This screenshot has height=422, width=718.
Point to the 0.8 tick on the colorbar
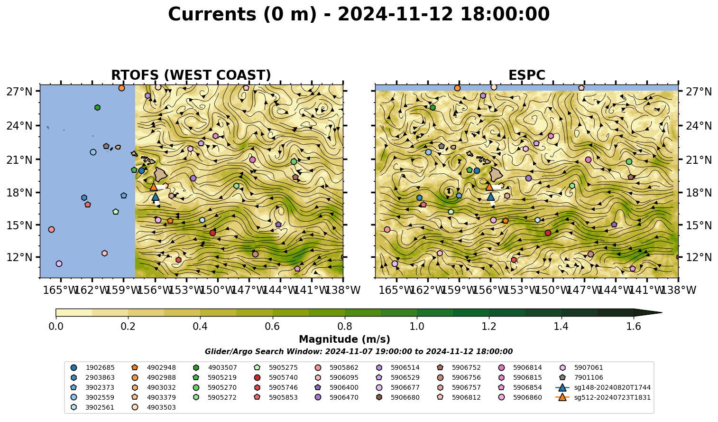coord(345,318)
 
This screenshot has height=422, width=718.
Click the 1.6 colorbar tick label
coord(634,327)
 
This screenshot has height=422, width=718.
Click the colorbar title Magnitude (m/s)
coord(345,339)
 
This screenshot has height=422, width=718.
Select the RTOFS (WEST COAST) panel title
coord(191,75)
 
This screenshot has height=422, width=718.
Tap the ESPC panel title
coord(526,75)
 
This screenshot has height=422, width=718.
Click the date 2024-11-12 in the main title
coord(395,14)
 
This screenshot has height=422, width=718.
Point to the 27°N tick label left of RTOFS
coord(19,92)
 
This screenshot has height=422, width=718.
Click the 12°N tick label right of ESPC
coord(698,257)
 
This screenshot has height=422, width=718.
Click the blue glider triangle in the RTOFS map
coord(156,197)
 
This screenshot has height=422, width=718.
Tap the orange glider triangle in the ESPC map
coord(489,187)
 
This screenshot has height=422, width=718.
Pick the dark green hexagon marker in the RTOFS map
coord(97,107)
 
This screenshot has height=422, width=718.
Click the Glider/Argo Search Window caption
coord(359,352)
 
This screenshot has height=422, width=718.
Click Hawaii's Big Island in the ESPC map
coord(496,174)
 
